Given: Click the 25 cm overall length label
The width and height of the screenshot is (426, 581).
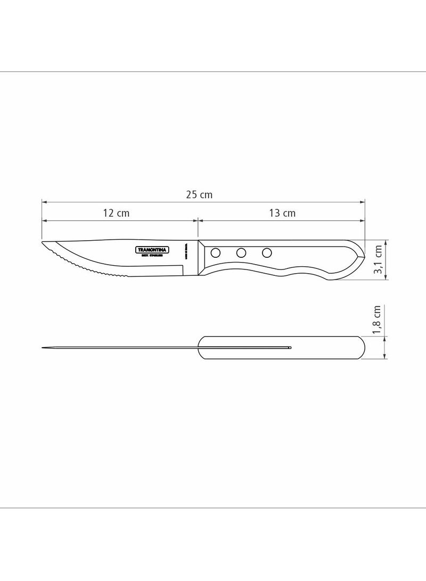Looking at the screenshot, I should [x=199, y=195].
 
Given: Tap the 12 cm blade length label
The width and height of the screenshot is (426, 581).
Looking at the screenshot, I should [x=116, y=213].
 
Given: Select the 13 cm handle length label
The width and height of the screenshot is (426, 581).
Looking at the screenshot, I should [x=282, y=213].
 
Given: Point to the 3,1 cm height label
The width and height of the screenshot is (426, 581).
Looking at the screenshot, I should [x=379, y=259].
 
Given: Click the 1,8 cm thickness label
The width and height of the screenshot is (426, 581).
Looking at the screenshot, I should [x=378, y=320].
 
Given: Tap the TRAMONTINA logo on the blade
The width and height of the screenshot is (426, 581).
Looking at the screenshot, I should [x=152, y=250].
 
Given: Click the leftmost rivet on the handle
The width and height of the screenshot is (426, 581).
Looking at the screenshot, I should [x=216, y=252].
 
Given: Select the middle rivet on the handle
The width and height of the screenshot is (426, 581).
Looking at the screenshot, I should [x=241, y=252].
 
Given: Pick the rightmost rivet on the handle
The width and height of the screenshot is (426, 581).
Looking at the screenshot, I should [x=267, y=252].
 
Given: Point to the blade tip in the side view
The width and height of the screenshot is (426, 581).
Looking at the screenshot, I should [x=43, y=244].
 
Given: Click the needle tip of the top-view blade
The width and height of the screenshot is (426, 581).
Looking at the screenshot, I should [x=43, y=348].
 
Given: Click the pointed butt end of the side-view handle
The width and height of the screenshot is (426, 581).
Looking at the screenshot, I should [x=364, y=257].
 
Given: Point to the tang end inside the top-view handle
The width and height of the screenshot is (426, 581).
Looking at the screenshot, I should [x=290, y=348].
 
